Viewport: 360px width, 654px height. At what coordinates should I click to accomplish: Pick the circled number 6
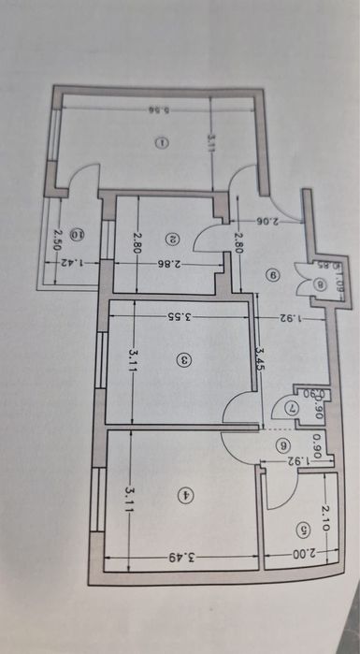coord(284,447)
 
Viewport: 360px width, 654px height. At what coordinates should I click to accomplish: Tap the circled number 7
coord(291,409)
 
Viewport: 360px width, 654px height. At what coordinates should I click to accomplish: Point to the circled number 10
coord(79,235)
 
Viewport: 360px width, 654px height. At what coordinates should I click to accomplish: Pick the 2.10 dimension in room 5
coord(324,514)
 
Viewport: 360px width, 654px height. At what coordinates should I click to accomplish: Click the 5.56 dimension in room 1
coord(156,110)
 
